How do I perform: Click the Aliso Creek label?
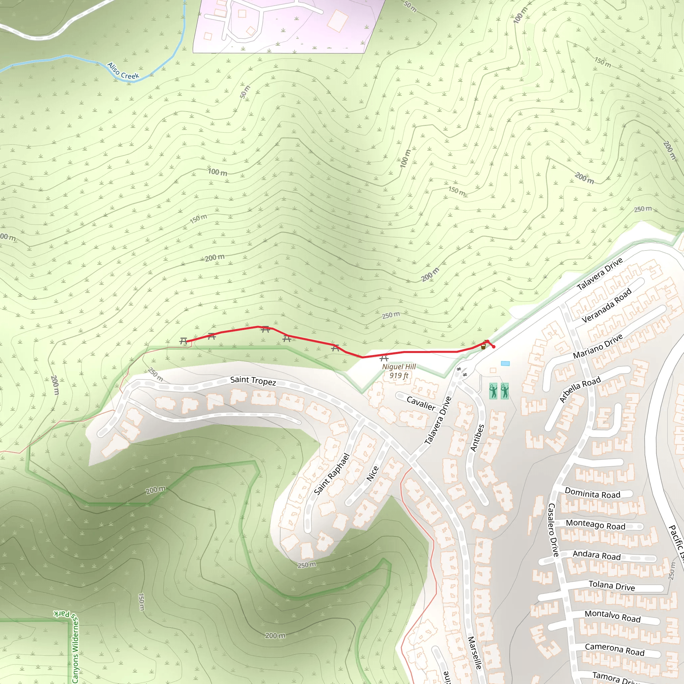coord(123,71)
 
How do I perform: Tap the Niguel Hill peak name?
coord(399,367)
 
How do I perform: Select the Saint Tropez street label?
coord(253,381)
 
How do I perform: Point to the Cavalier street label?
coord(421,403)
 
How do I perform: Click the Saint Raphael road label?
coord(332,474)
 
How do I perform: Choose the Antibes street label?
coord(477,438)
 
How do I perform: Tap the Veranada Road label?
coord(607,305)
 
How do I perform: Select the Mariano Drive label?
coord(597,346)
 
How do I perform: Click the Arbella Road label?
coord(580,389)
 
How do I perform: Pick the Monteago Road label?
coord(595,524)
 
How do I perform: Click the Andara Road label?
coord(596,555)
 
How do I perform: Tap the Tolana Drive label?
coord(612,585)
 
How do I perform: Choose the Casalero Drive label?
coord(553,530)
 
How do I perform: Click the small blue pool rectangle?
coord(505,364)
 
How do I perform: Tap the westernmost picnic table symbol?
coord(183,341)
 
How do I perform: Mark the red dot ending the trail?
coord(494,347)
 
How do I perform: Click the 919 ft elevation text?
coord(399,376)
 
